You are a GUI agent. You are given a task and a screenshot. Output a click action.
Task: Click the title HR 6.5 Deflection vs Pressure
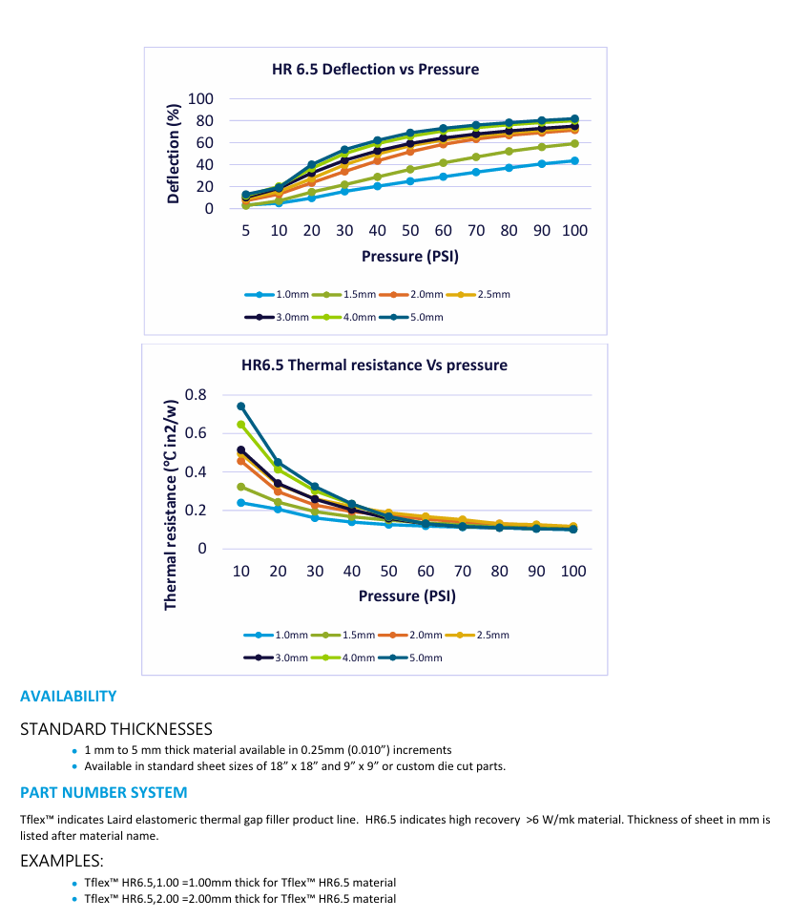376,70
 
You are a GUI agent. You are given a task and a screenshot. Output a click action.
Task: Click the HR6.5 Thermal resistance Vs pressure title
374,365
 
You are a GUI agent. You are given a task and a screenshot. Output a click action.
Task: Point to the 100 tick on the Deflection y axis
200,99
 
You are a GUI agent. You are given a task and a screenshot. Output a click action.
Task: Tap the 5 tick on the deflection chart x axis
245,231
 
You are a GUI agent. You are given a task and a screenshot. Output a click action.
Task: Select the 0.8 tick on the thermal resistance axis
196,395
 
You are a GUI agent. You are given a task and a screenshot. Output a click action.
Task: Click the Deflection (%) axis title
174,154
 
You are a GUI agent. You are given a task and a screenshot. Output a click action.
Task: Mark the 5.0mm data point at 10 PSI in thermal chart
241,407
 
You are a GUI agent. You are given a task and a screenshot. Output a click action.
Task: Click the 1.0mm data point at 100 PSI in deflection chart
574,160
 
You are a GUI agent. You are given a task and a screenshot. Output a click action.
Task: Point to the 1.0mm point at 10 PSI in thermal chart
241,502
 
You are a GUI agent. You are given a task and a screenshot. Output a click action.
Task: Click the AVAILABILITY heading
68,697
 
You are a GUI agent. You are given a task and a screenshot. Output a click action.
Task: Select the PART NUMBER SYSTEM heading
103,793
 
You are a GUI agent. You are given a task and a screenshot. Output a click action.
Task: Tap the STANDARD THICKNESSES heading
115,729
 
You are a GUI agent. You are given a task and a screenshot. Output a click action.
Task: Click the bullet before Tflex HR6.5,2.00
74,899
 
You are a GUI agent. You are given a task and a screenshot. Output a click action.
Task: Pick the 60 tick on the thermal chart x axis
426,571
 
